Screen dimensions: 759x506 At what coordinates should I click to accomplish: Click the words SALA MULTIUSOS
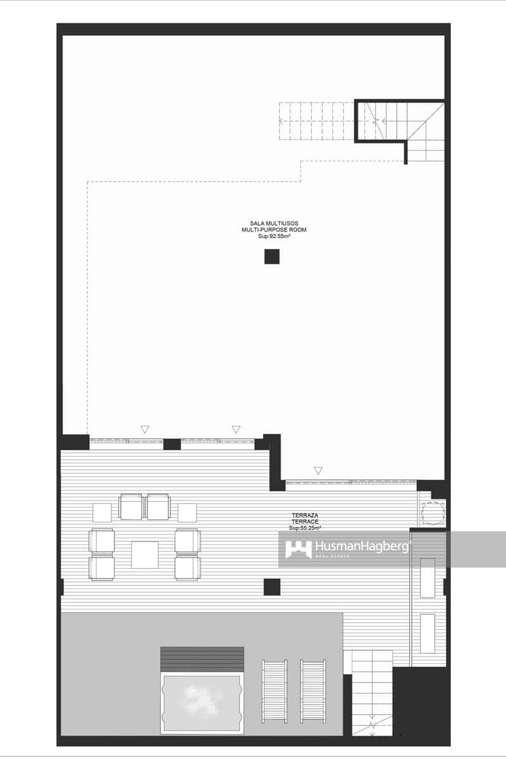click(x=274, y=223)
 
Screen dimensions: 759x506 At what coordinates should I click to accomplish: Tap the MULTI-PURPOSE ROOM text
click(x=274, y=230)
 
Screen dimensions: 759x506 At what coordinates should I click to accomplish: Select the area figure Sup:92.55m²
click(x=274, y=236)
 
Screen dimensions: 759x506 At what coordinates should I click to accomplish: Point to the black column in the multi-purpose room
click(x=272, y=256)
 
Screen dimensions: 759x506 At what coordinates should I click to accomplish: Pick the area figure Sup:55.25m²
click(x=305, y=528)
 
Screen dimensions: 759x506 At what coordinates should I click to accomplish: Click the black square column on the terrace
click(x=272, y=587)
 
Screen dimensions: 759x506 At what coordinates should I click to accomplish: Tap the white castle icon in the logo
click(x=298, y=549)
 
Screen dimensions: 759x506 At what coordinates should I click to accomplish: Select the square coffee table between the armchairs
click(x=145, y=555)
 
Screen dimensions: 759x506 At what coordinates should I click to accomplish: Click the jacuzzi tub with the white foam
click(x=202, y=702)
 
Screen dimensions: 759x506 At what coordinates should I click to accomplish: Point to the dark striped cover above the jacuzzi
click(x=202, y=659)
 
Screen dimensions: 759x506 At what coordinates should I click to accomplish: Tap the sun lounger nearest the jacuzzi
click(x=275, y=691)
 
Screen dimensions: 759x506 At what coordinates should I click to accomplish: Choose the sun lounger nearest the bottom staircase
click(x=313, y=691)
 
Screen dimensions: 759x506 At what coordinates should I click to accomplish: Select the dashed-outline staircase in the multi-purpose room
click(x=316, y=121)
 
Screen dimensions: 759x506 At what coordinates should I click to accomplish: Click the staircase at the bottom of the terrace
click(x=372, y=693)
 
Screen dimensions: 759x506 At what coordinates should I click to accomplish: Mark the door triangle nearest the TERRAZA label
click(x=318, y=471)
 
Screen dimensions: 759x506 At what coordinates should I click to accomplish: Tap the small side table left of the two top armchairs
click(x=102, y=512)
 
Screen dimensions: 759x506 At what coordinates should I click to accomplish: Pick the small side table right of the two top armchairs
click(x=187, y=512)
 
